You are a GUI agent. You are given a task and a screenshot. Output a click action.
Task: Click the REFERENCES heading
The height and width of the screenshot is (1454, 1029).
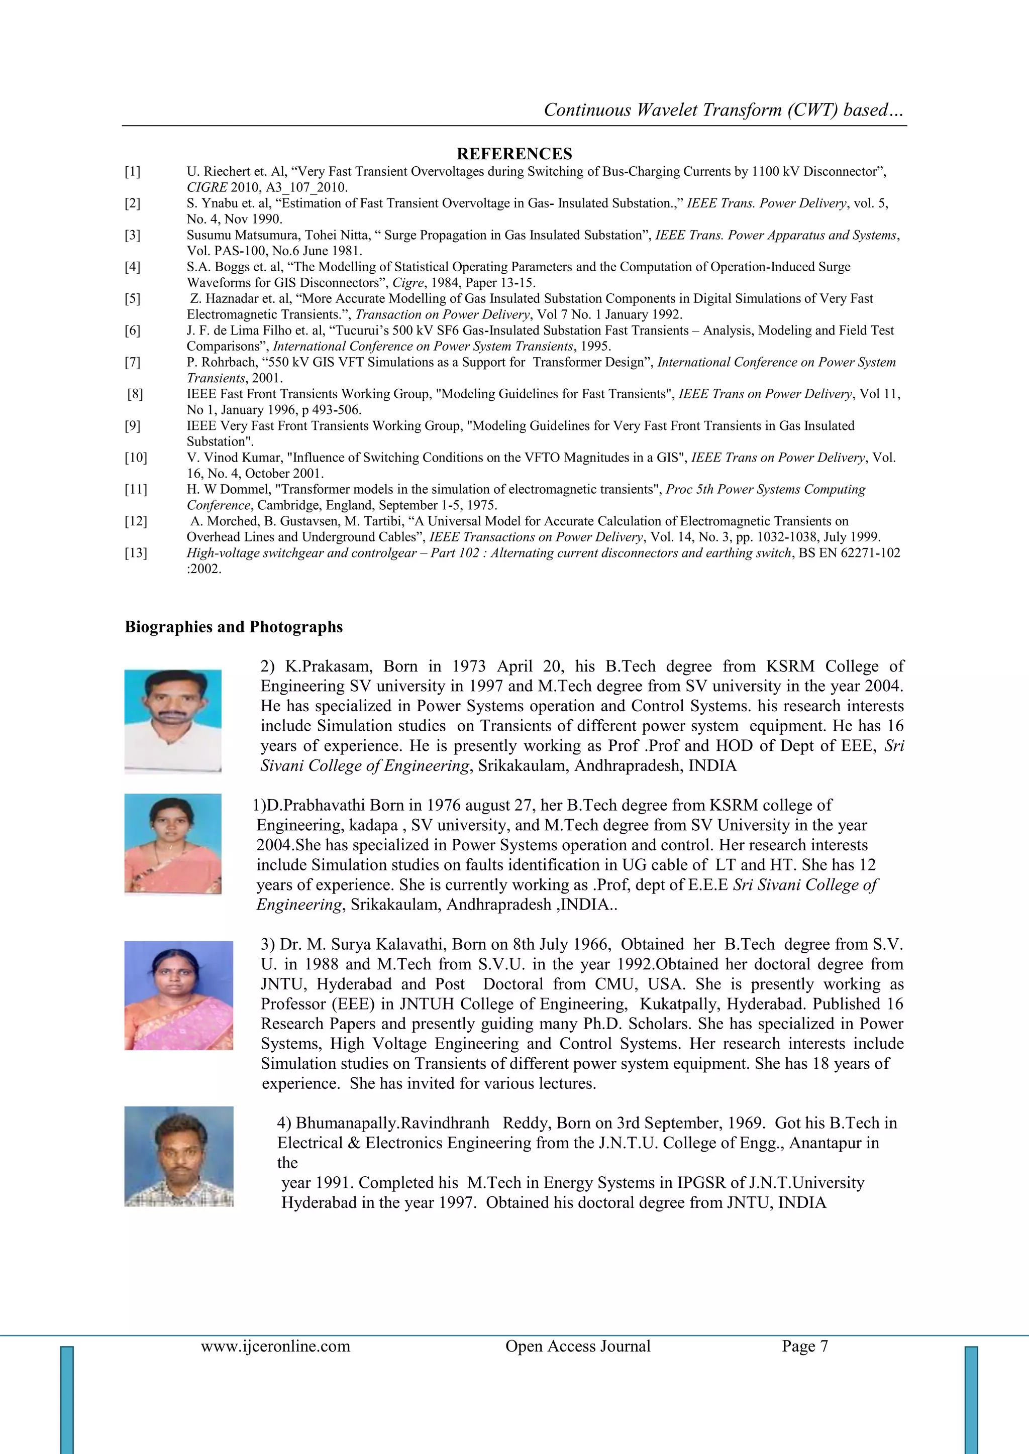[514, 154]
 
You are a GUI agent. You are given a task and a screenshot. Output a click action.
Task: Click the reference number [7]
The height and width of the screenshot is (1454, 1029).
[133, 362]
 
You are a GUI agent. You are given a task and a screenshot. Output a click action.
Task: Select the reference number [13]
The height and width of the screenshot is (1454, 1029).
[135, 553]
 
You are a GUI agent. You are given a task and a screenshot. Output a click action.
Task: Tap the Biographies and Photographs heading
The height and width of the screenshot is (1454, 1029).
[233, 627]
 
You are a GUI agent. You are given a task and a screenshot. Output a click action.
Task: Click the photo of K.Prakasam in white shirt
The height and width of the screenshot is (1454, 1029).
[172, 721]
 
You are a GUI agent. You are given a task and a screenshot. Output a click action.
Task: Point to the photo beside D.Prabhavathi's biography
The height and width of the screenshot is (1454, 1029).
[172, 844]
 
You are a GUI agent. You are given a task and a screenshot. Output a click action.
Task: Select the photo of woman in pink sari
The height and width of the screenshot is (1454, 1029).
[179, 995]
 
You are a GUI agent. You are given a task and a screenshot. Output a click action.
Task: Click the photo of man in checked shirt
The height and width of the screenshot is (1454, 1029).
[179, 1156]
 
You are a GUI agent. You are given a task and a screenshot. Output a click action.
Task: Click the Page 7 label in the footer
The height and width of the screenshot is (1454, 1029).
[805, 1346]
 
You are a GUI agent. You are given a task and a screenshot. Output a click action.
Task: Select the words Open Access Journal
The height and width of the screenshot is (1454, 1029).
[577, 1346]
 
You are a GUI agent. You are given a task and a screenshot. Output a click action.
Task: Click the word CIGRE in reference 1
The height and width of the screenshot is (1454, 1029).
[206, 187]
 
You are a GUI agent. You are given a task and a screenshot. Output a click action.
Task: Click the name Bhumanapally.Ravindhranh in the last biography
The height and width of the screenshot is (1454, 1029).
[392, 1124]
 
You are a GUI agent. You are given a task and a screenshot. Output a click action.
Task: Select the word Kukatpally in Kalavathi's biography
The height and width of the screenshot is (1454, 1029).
[678, 1004]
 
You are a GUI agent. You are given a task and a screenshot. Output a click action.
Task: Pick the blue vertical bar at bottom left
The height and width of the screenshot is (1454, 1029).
[67, 1400]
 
